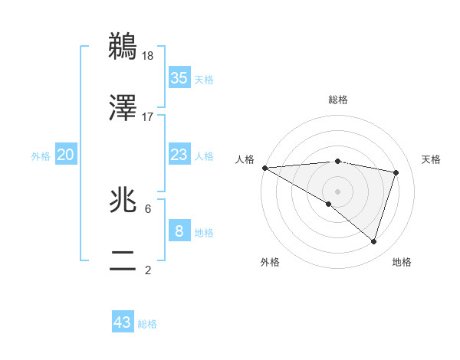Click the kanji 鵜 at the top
tap(123, 47)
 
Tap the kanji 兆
tap(123, 201)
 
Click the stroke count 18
tap(149, 55)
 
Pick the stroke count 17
tap(148, 116)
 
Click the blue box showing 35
tap(179, 78)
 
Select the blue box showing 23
tap(179, 155)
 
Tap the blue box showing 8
tap(179, 231)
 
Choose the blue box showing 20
tap(66, 155)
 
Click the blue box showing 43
tap(123, 322)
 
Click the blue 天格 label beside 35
tap(204, 80)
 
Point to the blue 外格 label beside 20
tap(41, 156)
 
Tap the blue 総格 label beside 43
tap(147, 324)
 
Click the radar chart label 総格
tap(338, 100)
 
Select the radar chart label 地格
tap(402, 262)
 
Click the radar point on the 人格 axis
tap(264, 167)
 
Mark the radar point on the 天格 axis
tap(396, 172)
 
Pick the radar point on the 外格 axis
tap(329, 204)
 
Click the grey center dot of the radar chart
tap(337, 190)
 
